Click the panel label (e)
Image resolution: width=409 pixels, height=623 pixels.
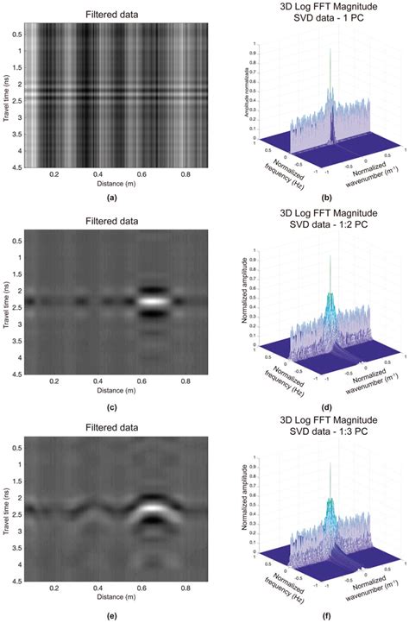[x=116, y=614]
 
